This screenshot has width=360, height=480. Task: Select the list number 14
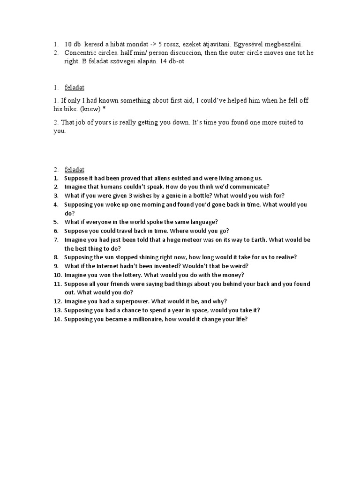point(57,319)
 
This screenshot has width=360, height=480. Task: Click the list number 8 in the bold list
point(55,257)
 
